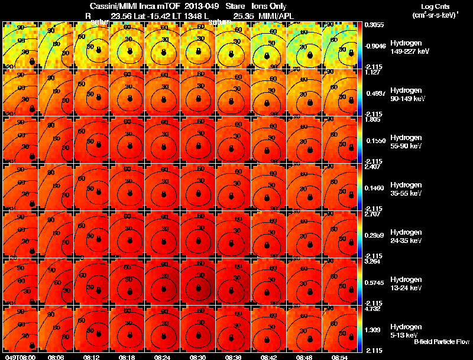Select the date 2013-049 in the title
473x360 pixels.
(203, 6)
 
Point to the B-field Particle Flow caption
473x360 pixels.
(442, 342)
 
